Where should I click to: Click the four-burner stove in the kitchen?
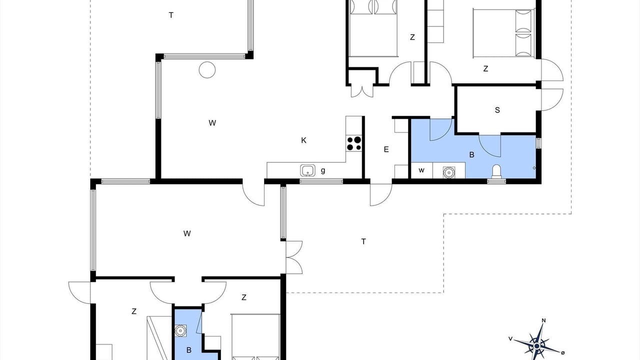[x=354, y=143]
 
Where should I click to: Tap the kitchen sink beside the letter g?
[x=307, y=170]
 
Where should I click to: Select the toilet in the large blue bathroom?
[x=497, y=171]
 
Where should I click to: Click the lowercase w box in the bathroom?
[x=421, y=170]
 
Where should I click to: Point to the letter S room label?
[x=497, y=110]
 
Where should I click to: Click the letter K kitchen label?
[x=303, y=140]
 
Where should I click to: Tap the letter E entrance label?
[x=386, y=149]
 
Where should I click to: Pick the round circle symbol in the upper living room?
[x=207, y=69]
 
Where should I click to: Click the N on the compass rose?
[x=543, y=320]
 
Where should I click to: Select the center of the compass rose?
[x=537, y=346]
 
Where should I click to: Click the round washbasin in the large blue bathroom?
[x=448, y=172]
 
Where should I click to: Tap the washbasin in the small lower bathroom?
[x=180, y=330]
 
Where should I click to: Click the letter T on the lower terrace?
[x=363, y=241]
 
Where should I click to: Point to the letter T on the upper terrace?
[x=171, y=15]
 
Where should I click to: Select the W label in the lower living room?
[x=187, y=233]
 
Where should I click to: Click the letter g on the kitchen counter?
[x=323, y=170]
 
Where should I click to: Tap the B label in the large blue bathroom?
[x=471, y=154]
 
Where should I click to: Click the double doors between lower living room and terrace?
[x=294, y=257]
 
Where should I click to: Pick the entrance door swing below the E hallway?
[x=381, y=194]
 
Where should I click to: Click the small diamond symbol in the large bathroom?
[x=534, y=168]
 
